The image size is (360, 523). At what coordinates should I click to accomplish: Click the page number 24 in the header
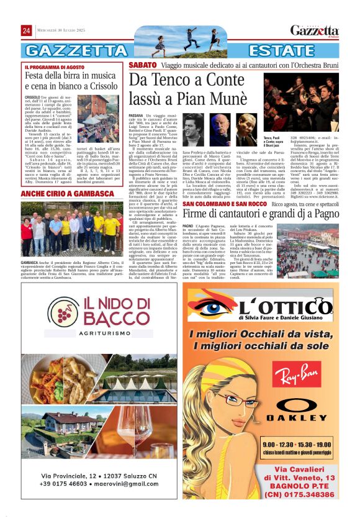(x=26, y=30)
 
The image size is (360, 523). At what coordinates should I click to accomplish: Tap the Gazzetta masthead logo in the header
(x=314, y=31)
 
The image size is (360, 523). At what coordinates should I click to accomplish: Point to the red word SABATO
(x=142, y=65)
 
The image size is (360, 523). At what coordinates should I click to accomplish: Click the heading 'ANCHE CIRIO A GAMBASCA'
(x=67, y=194)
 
